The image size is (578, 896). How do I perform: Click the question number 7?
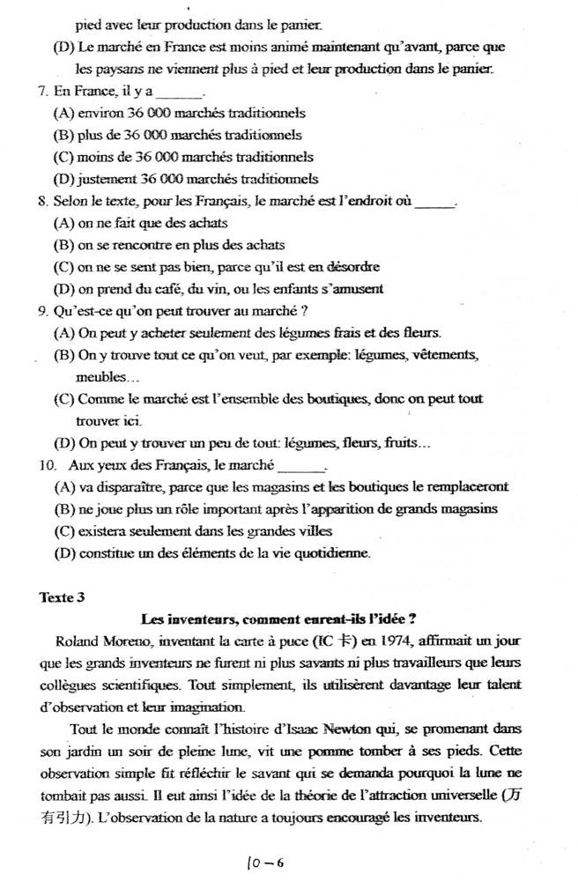(43, 91)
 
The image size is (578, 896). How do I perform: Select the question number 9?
(43, 310)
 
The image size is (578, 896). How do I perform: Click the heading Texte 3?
(63, 596)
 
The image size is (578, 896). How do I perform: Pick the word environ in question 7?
(101, 113)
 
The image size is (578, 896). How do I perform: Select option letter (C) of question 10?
(63, 531)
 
